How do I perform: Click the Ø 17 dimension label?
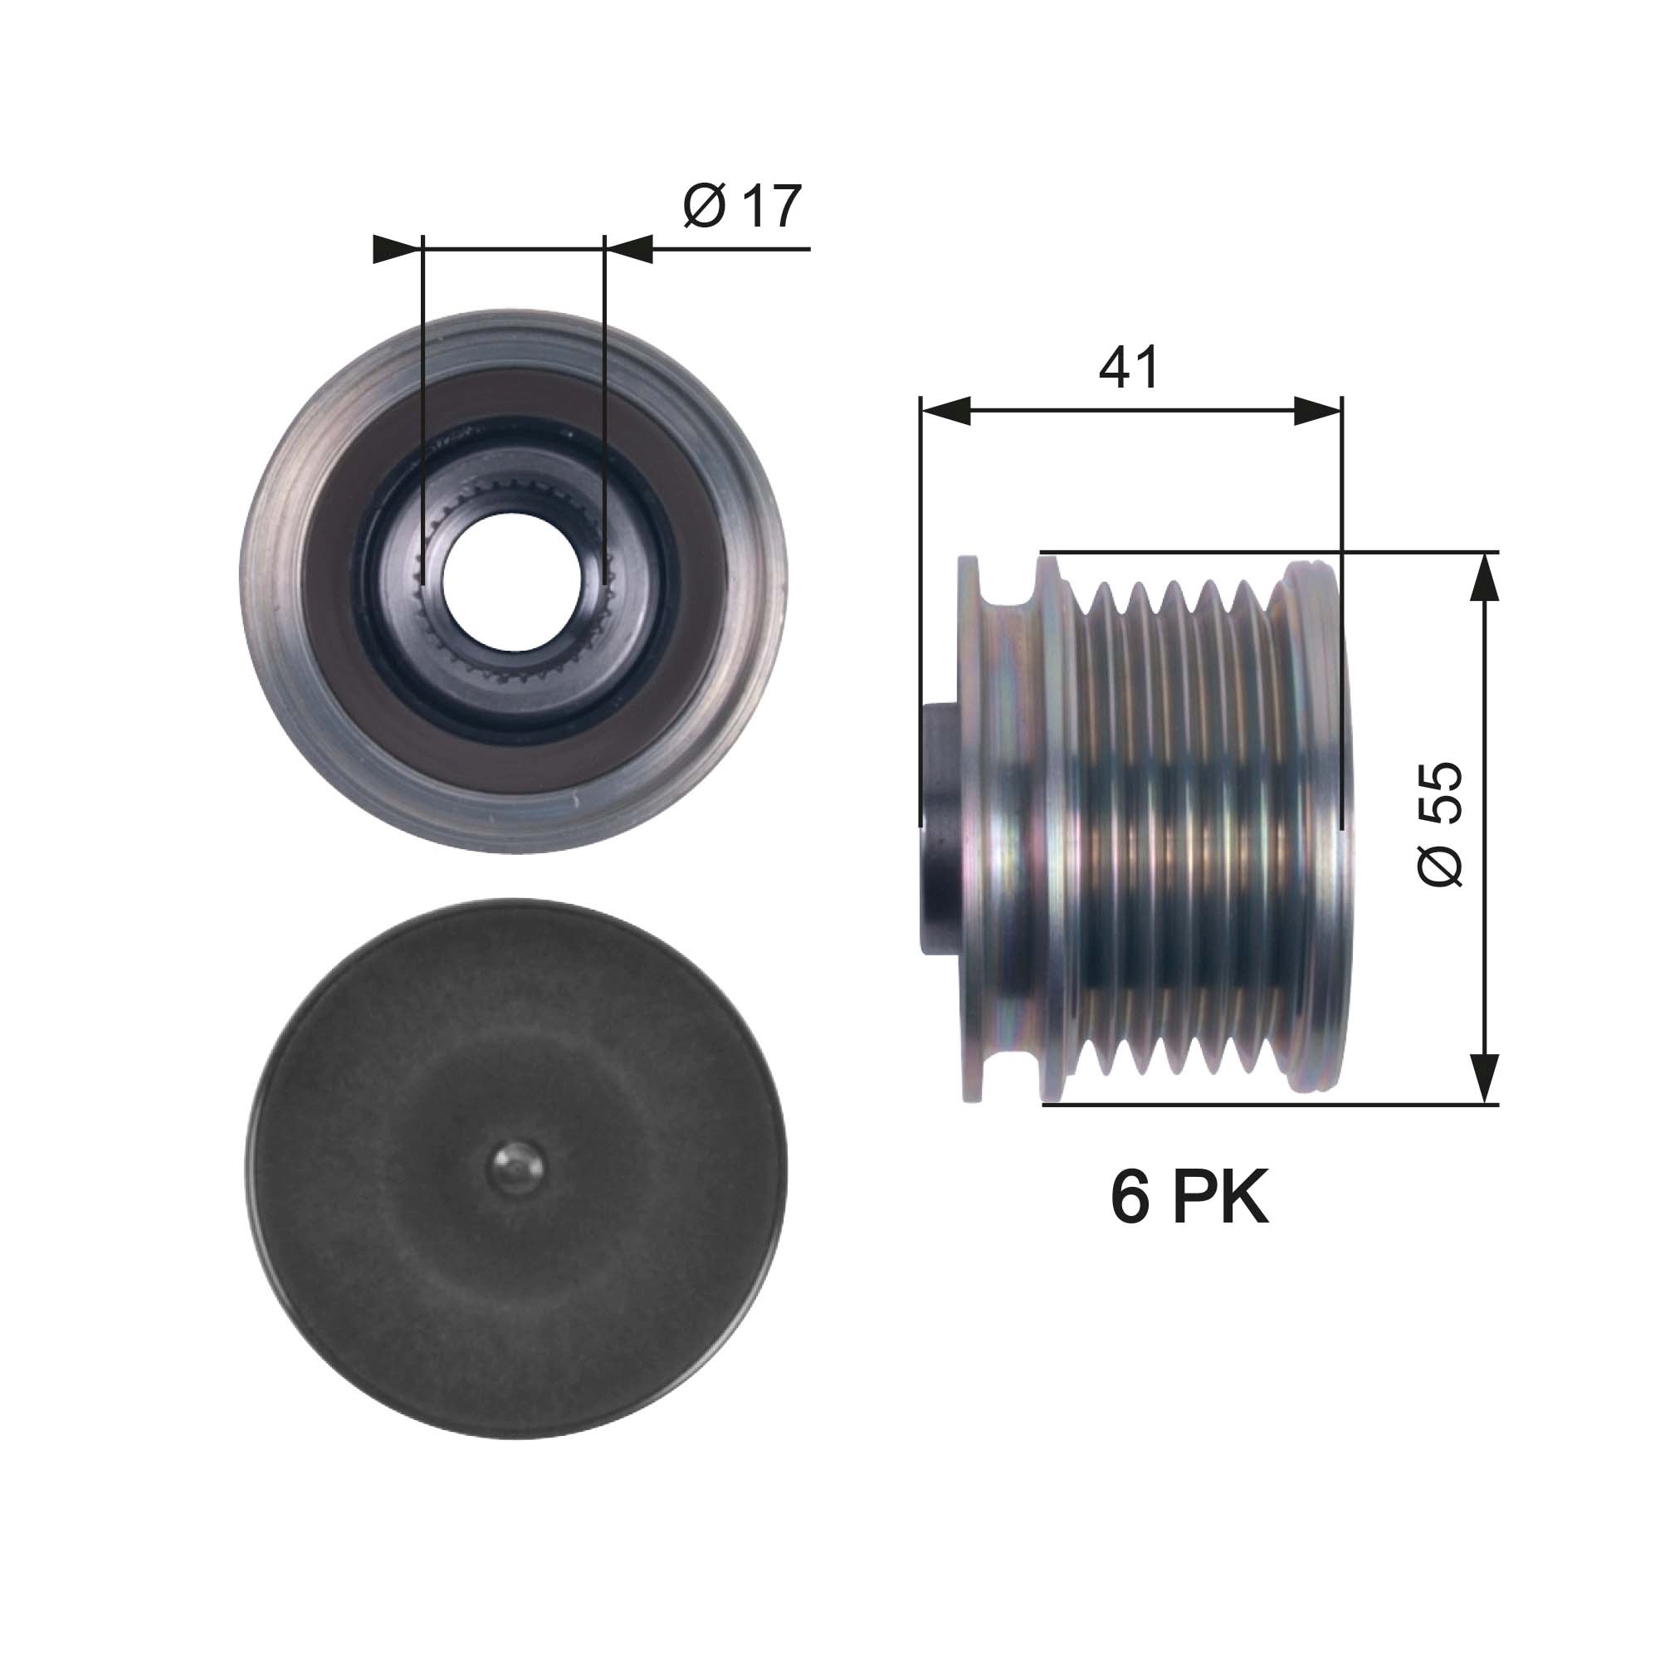pos(742,207)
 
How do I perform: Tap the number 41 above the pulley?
pos(1128,368)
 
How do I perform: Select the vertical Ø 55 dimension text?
pos(1440,823)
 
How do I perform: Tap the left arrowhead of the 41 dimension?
pos(945,412)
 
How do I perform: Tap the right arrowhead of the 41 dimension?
pos(1317,412)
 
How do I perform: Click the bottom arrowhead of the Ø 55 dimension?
pos(1484,1077)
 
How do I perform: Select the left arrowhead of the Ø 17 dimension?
pos(398,249)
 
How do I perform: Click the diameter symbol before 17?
pos(705,207)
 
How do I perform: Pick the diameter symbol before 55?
pos(1440,862)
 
